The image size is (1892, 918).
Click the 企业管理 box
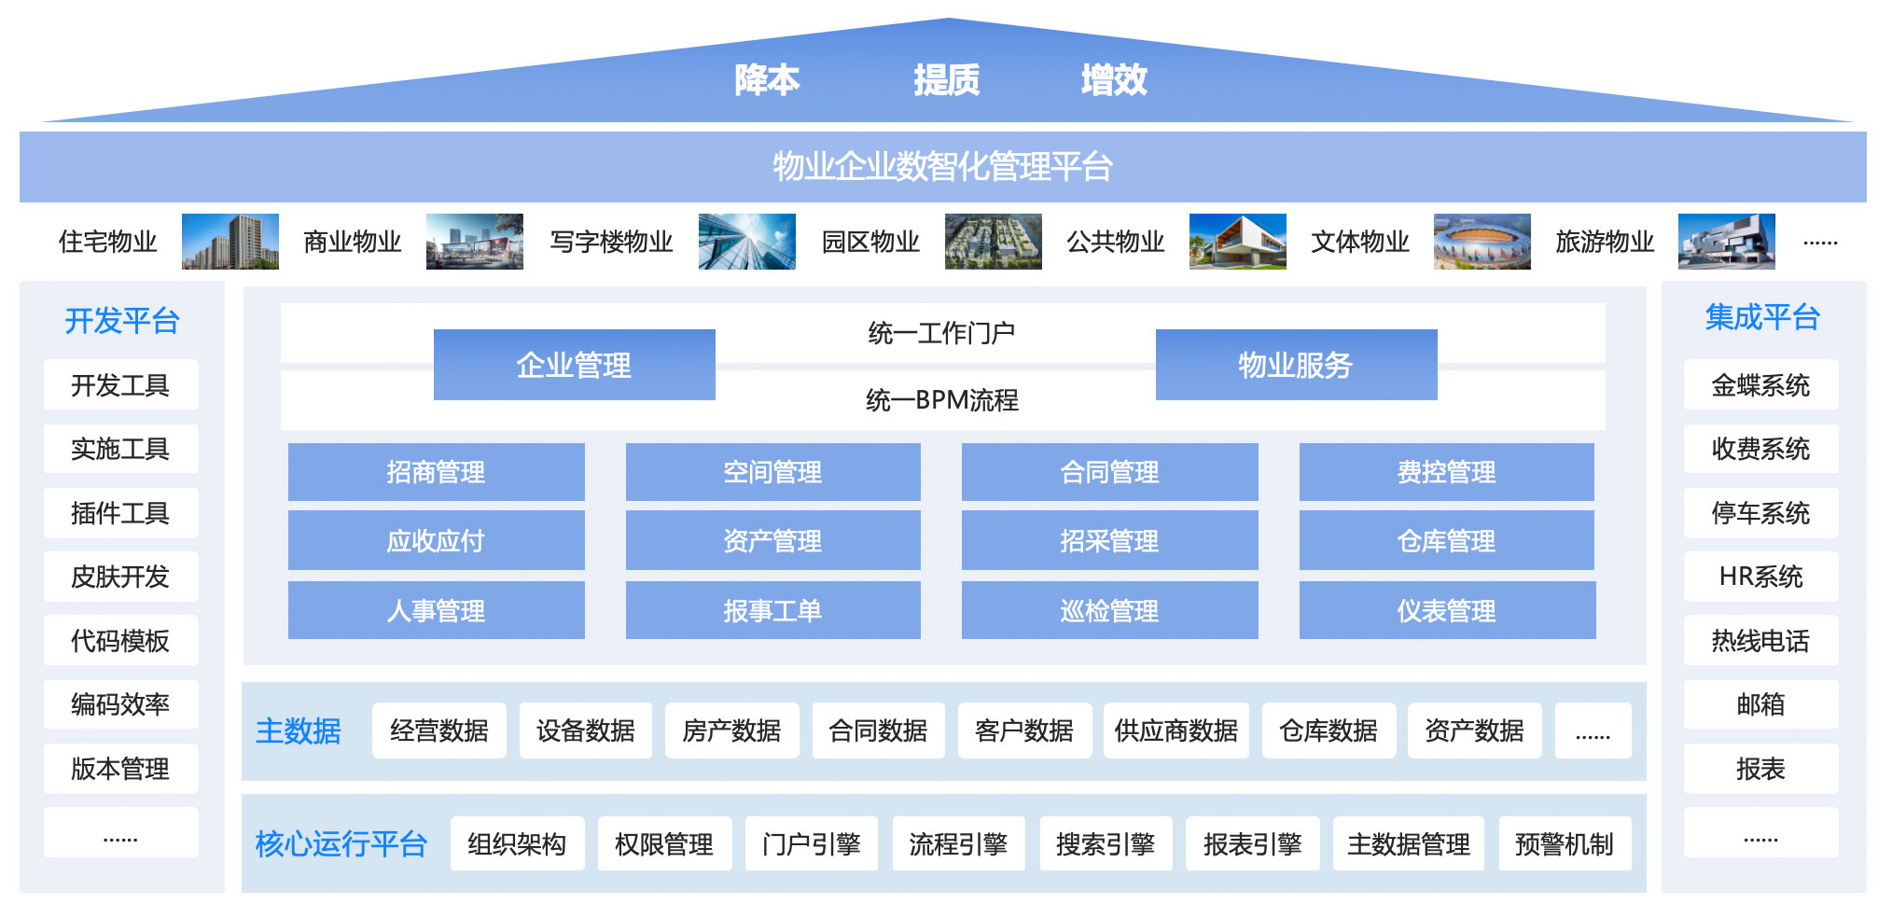point(574,365)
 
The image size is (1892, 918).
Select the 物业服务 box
point(1295,365)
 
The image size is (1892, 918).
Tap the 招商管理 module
point(436,472)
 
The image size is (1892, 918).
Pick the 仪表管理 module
point(1446,611)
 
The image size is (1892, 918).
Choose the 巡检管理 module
point(1109,611)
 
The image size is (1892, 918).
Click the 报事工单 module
point(772,611)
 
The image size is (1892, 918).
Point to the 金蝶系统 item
point(1760,385)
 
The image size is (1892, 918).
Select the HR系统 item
point(1760,577)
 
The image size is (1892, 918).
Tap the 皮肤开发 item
point(120,577)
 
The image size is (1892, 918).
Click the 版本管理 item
point(120,769)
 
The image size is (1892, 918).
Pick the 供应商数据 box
point(1176,730)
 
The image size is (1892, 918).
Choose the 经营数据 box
point(438,730)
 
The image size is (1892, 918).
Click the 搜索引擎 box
point(1106,844)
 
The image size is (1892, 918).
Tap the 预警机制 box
point(1565,844)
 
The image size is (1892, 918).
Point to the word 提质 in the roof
point(946,80)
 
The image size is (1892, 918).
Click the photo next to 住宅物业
point(230,242)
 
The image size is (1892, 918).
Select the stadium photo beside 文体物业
point(1482,242)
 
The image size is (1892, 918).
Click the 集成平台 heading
point(1762,318)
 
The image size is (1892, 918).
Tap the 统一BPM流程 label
point(942,400)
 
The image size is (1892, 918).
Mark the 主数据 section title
point(299,730)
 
